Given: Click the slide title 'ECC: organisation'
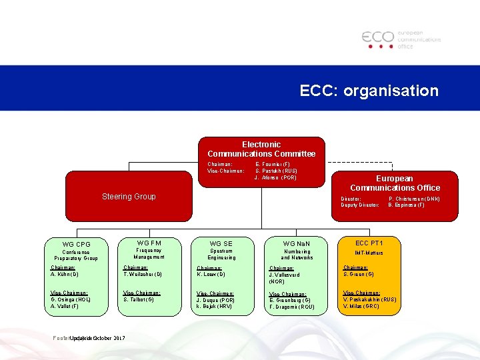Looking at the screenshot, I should [369, 91].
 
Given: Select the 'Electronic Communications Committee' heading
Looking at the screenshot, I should [261, 149].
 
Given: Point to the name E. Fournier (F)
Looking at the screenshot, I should [273, 164].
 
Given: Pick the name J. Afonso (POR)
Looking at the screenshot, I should [275, 177].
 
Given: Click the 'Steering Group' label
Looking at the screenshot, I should [129, 196].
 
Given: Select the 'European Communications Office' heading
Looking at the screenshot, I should [395, 183].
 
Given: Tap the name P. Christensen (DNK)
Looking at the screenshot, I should [414, 199].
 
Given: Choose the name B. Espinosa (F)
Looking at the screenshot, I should [406, 205].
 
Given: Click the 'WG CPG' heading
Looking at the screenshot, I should [76, 244].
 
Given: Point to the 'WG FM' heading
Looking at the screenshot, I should [149, 243].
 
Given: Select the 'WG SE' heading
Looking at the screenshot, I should [221, 244].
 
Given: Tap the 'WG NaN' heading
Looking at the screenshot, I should [297, 244].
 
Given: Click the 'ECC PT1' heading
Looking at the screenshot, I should [369, 243].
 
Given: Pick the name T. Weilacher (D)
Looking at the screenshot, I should [143, 274].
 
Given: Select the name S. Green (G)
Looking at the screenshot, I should [358, 274].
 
